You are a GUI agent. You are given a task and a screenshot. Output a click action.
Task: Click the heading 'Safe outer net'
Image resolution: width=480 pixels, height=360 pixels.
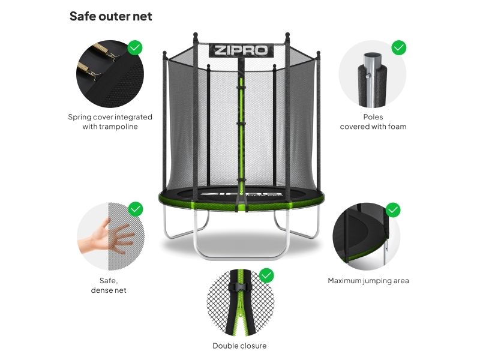110,16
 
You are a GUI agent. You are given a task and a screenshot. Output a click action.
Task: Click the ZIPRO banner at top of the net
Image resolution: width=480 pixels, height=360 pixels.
241,50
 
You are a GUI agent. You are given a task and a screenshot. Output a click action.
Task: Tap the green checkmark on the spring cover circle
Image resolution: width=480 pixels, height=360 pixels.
134,48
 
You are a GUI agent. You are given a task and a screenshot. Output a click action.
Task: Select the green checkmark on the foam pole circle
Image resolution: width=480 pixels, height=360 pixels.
399,48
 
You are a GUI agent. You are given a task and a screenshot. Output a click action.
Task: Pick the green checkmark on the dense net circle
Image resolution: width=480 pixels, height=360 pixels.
136,209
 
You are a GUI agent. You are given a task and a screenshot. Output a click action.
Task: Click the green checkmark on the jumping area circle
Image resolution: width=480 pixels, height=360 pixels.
393,210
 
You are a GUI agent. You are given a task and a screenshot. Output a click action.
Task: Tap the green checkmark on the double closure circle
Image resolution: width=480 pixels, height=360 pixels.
266,276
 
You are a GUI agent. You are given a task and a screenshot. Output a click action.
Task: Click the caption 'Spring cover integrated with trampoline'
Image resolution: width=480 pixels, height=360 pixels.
110,122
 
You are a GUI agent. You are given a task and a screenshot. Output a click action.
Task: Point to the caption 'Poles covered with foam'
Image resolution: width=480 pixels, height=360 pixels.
373,122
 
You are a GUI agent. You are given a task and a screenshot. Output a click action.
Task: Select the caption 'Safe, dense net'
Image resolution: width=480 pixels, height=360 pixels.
109,286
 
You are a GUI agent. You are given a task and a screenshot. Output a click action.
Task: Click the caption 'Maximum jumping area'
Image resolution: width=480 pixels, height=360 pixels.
368,281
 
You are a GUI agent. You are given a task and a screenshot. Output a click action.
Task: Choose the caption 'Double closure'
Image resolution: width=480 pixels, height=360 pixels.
239,346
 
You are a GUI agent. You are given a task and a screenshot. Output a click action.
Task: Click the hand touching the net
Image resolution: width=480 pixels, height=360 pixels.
106,236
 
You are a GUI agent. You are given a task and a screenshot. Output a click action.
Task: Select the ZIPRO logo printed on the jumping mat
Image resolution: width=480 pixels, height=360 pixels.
241,194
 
